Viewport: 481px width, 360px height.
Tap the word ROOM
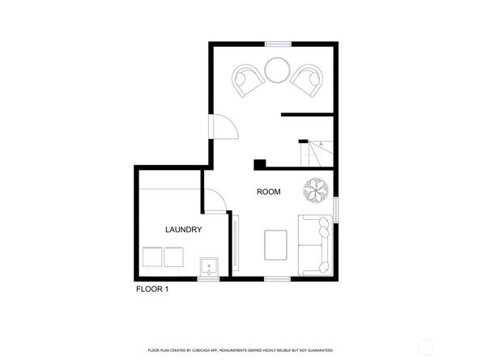coord(268,192)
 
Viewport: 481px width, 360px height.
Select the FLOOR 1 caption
coord(152,288)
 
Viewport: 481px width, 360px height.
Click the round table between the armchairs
coord(276,70)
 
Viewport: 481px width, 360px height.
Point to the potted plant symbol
coord(314,188)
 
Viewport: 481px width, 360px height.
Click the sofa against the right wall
coord(313,243)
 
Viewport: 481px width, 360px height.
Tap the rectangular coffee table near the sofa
coord(276,245)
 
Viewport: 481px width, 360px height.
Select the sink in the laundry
coord(209,266)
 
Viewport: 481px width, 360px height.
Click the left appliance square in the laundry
coord(152,257)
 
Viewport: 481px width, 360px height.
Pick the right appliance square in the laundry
coord(175,257)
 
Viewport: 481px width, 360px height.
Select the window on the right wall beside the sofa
coord(336,206)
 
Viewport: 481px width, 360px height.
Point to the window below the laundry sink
coord(209,279)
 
